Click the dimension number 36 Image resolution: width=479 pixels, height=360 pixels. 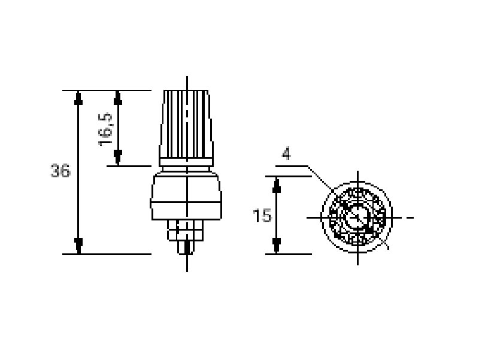point(60,171)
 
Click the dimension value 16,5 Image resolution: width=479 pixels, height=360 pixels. point(106,129)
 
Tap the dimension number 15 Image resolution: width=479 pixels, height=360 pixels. point(262,216)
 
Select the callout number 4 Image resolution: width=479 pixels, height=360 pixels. point(286,153)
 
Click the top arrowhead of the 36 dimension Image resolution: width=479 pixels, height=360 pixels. point(78,98)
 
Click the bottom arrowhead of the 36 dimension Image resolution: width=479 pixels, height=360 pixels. point(78,246)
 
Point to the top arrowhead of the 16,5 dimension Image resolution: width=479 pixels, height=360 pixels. point(118,98)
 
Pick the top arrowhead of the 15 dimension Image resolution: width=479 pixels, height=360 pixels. point(277,185)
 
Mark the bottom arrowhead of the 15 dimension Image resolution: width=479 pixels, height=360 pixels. point(277,246)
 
